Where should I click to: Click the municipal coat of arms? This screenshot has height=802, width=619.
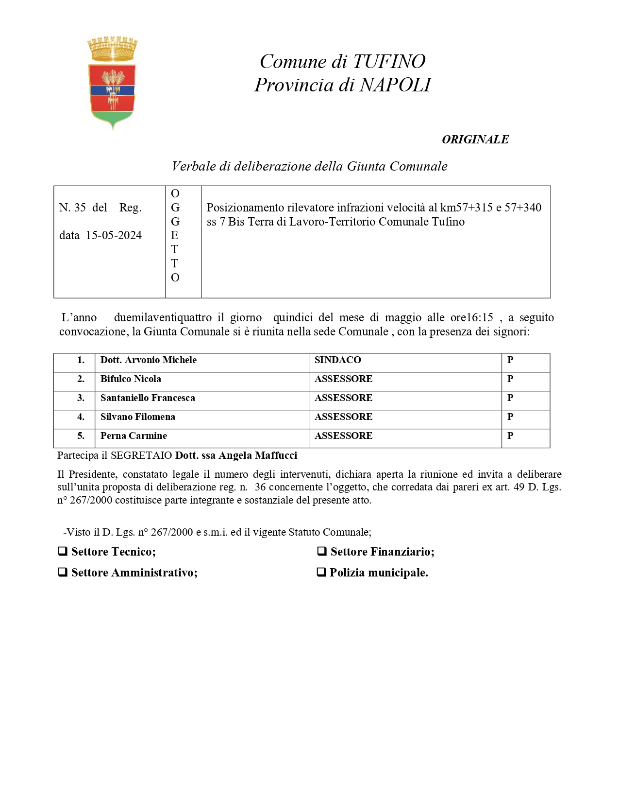112,83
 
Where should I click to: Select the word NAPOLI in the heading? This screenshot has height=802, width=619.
395,85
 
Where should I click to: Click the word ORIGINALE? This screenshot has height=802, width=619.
475,139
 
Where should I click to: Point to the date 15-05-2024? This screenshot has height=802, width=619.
114,235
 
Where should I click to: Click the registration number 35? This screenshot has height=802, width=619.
80,208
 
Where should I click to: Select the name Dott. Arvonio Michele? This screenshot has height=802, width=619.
148,360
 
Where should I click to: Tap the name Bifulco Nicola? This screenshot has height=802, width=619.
131,379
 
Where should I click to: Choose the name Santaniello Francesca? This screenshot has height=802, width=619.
148,398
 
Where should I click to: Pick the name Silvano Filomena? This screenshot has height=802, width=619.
137,417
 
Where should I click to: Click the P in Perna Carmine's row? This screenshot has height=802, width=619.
510,436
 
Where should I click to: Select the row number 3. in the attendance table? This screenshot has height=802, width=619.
81,398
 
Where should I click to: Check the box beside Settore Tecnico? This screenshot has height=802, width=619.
63,551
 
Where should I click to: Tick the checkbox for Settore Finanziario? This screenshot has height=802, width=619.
321,551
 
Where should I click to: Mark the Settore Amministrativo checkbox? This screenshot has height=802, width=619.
63,572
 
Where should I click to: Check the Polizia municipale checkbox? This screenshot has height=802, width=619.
321,572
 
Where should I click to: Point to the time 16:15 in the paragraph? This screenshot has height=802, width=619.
480,318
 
